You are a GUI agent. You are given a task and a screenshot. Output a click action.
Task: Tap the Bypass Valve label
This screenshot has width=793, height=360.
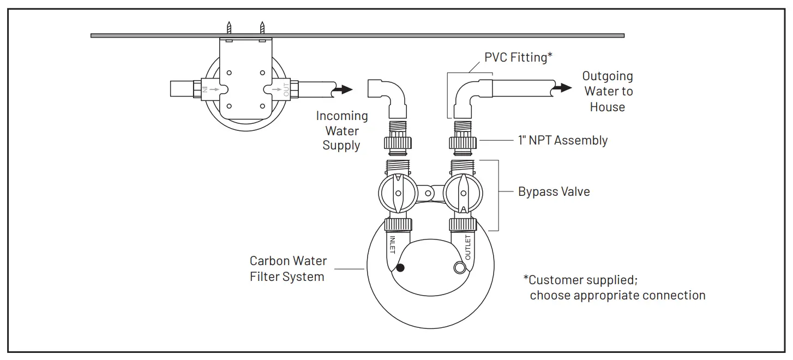point(554,192)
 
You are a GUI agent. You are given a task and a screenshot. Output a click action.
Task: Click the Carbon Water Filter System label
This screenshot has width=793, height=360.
point(288,269)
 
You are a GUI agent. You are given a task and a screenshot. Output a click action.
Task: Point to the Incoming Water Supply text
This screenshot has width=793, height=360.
point(342,131)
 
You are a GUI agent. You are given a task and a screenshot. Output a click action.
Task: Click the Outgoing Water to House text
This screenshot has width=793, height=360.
point(607,91)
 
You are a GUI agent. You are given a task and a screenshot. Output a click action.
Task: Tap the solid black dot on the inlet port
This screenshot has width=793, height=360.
point(401,267)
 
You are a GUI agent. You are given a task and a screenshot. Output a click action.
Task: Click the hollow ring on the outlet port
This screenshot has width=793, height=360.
point(460,267)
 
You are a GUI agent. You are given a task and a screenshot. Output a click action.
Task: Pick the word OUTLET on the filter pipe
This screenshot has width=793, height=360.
point(468,247)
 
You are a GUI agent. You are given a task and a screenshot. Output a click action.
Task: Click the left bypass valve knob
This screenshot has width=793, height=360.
point(398,194)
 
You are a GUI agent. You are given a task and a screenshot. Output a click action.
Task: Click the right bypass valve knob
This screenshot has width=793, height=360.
point(463,194)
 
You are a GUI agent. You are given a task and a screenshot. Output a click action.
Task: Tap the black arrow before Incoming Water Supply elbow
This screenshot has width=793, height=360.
point(343,89)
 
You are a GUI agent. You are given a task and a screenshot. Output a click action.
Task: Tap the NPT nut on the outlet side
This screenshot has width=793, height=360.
point(463,144)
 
